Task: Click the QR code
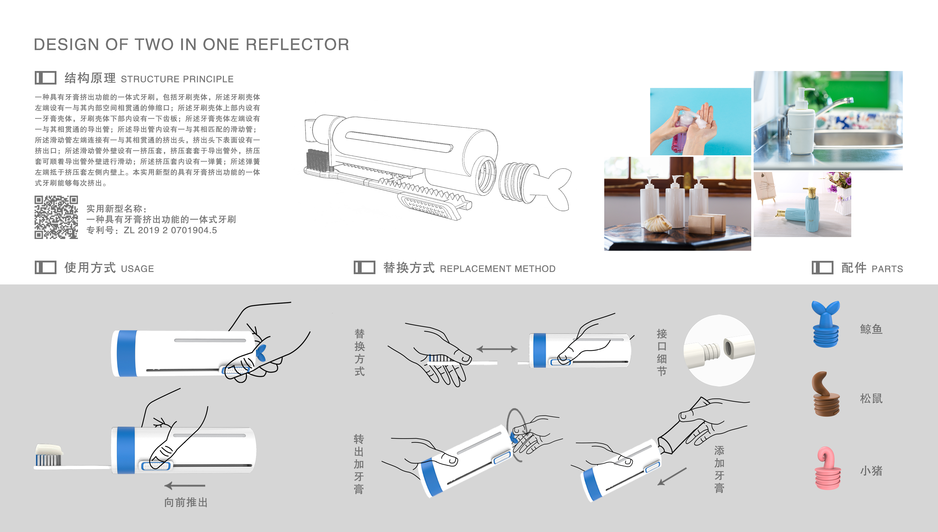coord(56,217)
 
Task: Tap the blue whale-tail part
coord(826,323)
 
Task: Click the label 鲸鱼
coord(871,329)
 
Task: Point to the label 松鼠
coord(871,398)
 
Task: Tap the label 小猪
coord(871,471)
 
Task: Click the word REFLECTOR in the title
coord(297,45)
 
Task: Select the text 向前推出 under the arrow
coord(186,502)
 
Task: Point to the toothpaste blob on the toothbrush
coord(49,449)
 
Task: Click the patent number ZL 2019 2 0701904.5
coord(170,230)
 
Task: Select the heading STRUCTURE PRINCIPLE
coord(177,79)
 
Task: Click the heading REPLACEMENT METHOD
coord(498,269)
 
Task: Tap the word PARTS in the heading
coord(887,269)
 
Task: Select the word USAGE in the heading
coord(137,269)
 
